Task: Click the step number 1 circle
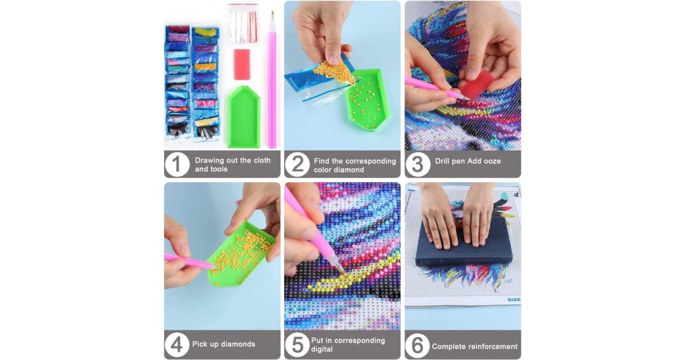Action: pos(177,165)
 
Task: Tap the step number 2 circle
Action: pos(297,165)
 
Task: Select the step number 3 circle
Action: pos(417,165)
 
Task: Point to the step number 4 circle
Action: pos(177,345)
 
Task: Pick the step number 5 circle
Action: pos(297,345)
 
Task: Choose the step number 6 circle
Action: pos(417,345)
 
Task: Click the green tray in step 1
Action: pos(244,117)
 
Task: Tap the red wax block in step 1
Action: pos(242,64)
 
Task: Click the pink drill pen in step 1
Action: pos(272,79)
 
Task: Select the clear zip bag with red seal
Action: pos(244,24)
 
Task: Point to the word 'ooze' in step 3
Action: pos(492,161)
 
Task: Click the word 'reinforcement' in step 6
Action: pos(492,346)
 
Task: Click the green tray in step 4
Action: pos(241,255)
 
